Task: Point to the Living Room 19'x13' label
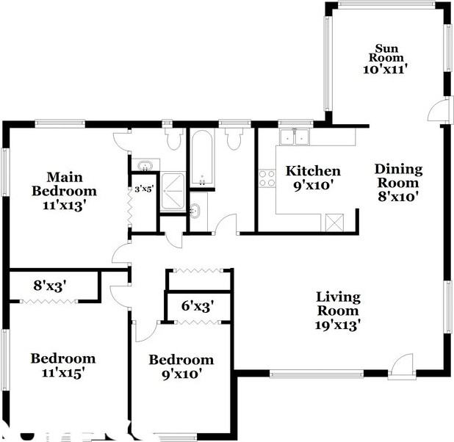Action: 338,311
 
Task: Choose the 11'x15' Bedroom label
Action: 62,365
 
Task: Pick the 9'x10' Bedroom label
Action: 181,366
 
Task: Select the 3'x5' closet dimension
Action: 143,189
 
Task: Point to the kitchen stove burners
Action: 267,178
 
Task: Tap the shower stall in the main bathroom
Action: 174,192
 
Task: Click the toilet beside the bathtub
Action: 234,138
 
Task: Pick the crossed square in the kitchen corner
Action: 334,220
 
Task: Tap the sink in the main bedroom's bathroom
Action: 144,164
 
